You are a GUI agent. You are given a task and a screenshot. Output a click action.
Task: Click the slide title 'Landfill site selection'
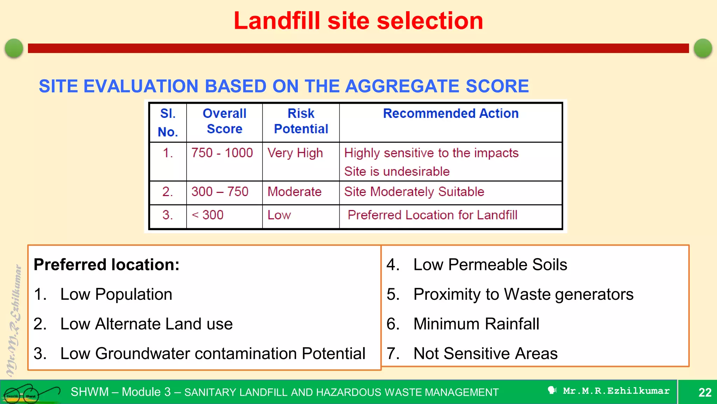[x=358, y=21]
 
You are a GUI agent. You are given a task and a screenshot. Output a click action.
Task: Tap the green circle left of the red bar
[x=14, y=48]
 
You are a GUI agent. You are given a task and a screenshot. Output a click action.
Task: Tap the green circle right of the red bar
[x=703, y=48]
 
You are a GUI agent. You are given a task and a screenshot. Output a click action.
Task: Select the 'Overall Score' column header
[x=224, y=121]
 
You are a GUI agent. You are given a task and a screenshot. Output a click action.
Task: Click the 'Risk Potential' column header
[x=301, y=121]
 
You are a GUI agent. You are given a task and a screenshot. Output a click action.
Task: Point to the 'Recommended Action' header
[x=451, y=114]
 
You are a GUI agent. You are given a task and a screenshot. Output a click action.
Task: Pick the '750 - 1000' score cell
[x=222, y=153]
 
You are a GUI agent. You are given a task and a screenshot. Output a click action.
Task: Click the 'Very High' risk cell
[x=295, y=153]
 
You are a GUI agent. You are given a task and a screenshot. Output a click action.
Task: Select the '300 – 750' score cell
[x=220, y=192]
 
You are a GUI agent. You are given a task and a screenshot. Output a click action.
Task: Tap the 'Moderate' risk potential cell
[x=294, y=192]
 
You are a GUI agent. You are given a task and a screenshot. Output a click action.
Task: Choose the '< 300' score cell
[x=208, y=215]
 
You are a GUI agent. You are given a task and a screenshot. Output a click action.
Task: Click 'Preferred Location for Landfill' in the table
[x=432, y=215]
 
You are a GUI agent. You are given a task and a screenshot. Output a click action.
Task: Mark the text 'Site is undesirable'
[x=397, y=171]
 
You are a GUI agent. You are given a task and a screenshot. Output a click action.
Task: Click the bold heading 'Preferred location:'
[x=106, y=264]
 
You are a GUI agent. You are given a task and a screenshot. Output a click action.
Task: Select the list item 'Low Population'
[x=116, y=294]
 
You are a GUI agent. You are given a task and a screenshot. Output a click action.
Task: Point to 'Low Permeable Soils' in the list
[x=490, y=264]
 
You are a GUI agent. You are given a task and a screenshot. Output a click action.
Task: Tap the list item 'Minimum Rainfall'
[x=476, y=324]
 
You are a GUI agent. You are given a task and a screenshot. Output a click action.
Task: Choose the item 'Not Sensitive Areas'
[x=485, y=353]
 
